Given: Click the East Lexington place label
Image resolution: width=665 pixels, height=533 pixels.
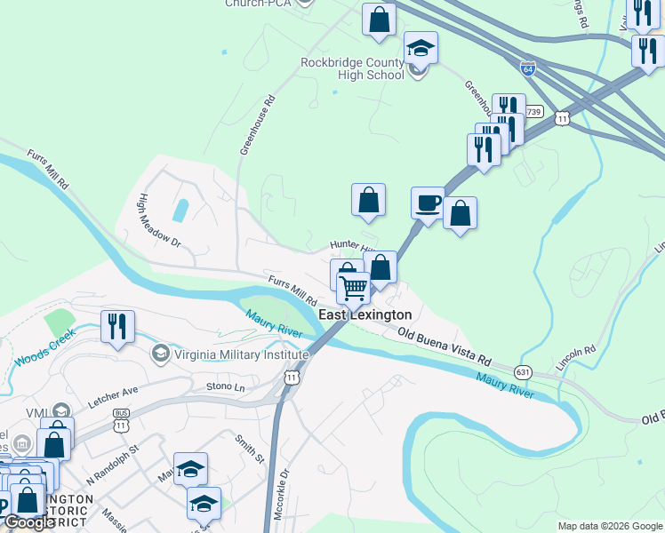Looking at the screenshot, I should pos(365,314).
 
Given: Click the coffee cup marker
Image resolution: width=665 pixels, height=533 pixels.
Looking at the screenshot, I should pos(428,203).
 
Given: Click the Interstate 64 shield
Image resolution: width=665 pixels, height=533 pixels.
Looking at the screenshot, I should pos(528,68).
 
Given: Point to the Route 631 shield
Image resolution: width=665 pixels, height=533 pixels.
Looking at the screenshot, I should pos(524,370).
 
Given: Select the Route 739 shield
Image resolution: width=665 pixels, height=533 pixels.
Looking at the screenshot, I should pos(533,111).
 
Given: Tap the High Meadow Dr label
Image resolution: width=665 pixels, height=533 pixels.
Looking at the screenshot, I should pos(159,221).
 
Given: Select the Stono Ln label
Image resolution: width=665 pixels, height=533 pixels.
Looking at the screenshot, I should pos(225,386).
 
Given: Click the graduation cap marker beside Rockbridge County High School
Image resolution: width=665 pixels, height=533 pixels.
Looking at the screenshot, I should pos(421,48).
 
